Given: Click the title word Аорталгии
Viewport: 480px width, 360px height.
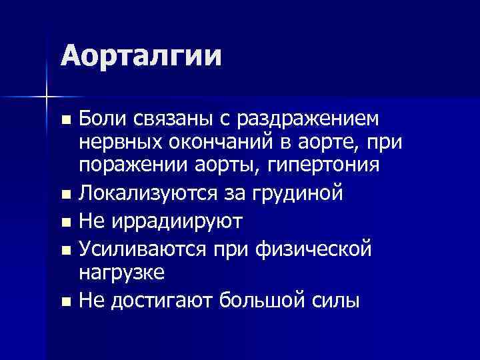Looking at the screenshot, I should pos(141,55).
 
